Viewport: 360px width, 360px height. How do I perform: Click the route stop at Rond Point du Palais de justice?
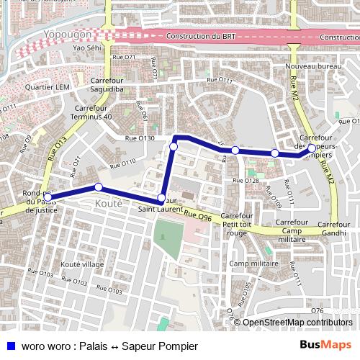(x=48, y=196)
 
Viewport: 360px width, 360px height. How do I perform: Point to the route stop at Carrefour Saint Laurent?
(x=161, y=197)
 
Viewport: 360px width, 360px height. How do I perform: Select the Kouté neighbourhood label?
(x=108, y=204)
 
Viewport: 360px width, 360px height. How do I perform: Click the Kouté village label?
(x=83, y=264)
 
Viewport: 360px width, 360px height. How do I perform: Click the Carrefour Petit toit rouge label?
(x=237, y=225)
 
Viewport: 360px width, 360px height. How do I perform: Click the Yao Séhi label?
(x=87, y=48)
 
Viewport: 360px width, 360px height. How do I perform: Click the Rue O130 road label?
(x=140, y=138)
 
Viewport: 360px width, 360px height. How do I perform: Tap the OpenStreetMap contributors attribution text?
(x=297, y=323)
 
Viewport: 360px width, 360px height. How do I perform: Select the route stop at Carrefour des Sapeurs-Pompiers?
(x=311, y=148)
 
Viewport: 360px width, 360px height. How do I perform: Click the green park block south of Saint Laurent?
(x=168, y=238)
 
